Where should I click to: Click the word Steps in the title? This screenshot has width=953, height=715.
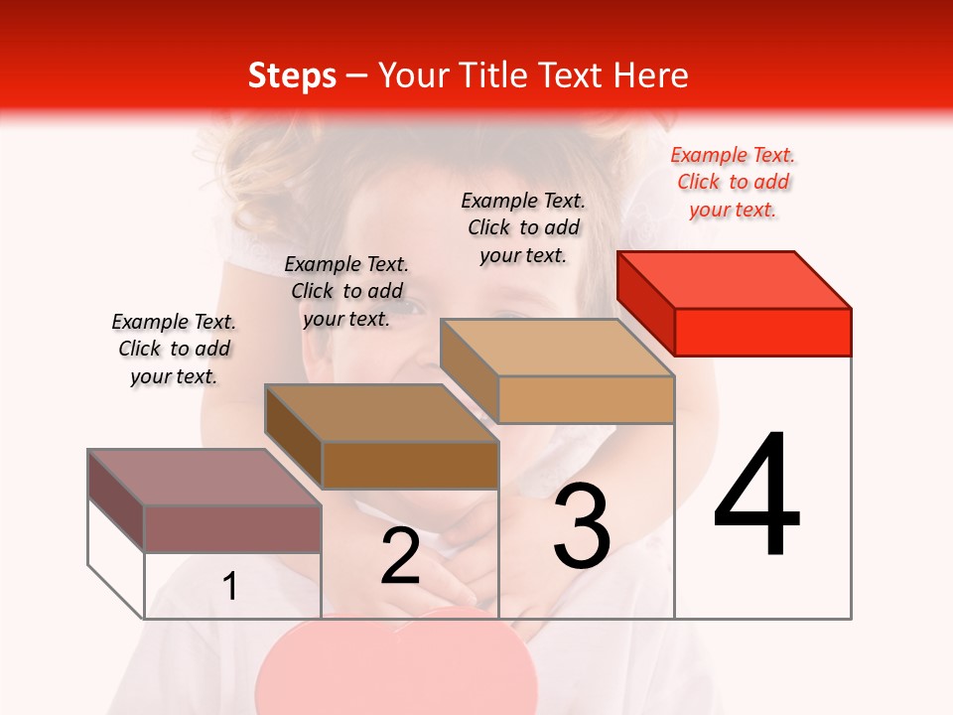pos(292,75)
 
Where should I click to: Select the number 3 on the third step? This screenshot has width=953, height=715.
pos(582,527)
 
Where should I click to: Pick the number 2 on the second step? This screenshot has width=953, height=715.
pos(400,556)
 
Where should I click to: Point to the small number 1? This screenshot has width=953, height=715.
pos(230,586)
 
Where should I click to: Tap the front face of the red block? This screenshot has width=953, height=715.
pos(762,332)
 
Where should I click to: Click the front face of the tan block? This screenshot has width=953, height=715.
pos(586,399)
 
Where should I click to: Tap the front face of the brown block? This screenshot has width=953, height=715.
pos(410,465)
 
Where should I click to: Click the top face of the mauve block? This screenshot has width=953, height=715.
pos(204,477)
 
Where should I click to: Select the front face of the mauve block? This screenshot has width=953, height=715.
pos(232,528)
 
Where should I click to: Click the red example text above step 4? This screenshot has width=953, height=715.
pos(733,182)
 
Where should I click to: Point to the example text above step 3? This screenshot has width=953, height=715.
pos(523,227)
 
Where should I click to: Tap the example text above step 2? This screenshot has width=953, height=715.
pos(346,291)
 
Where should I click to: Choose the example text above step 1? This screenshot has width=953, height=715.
pos(174,349)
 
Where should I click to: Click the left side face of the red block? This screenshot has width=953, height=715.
pos(645,304)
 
